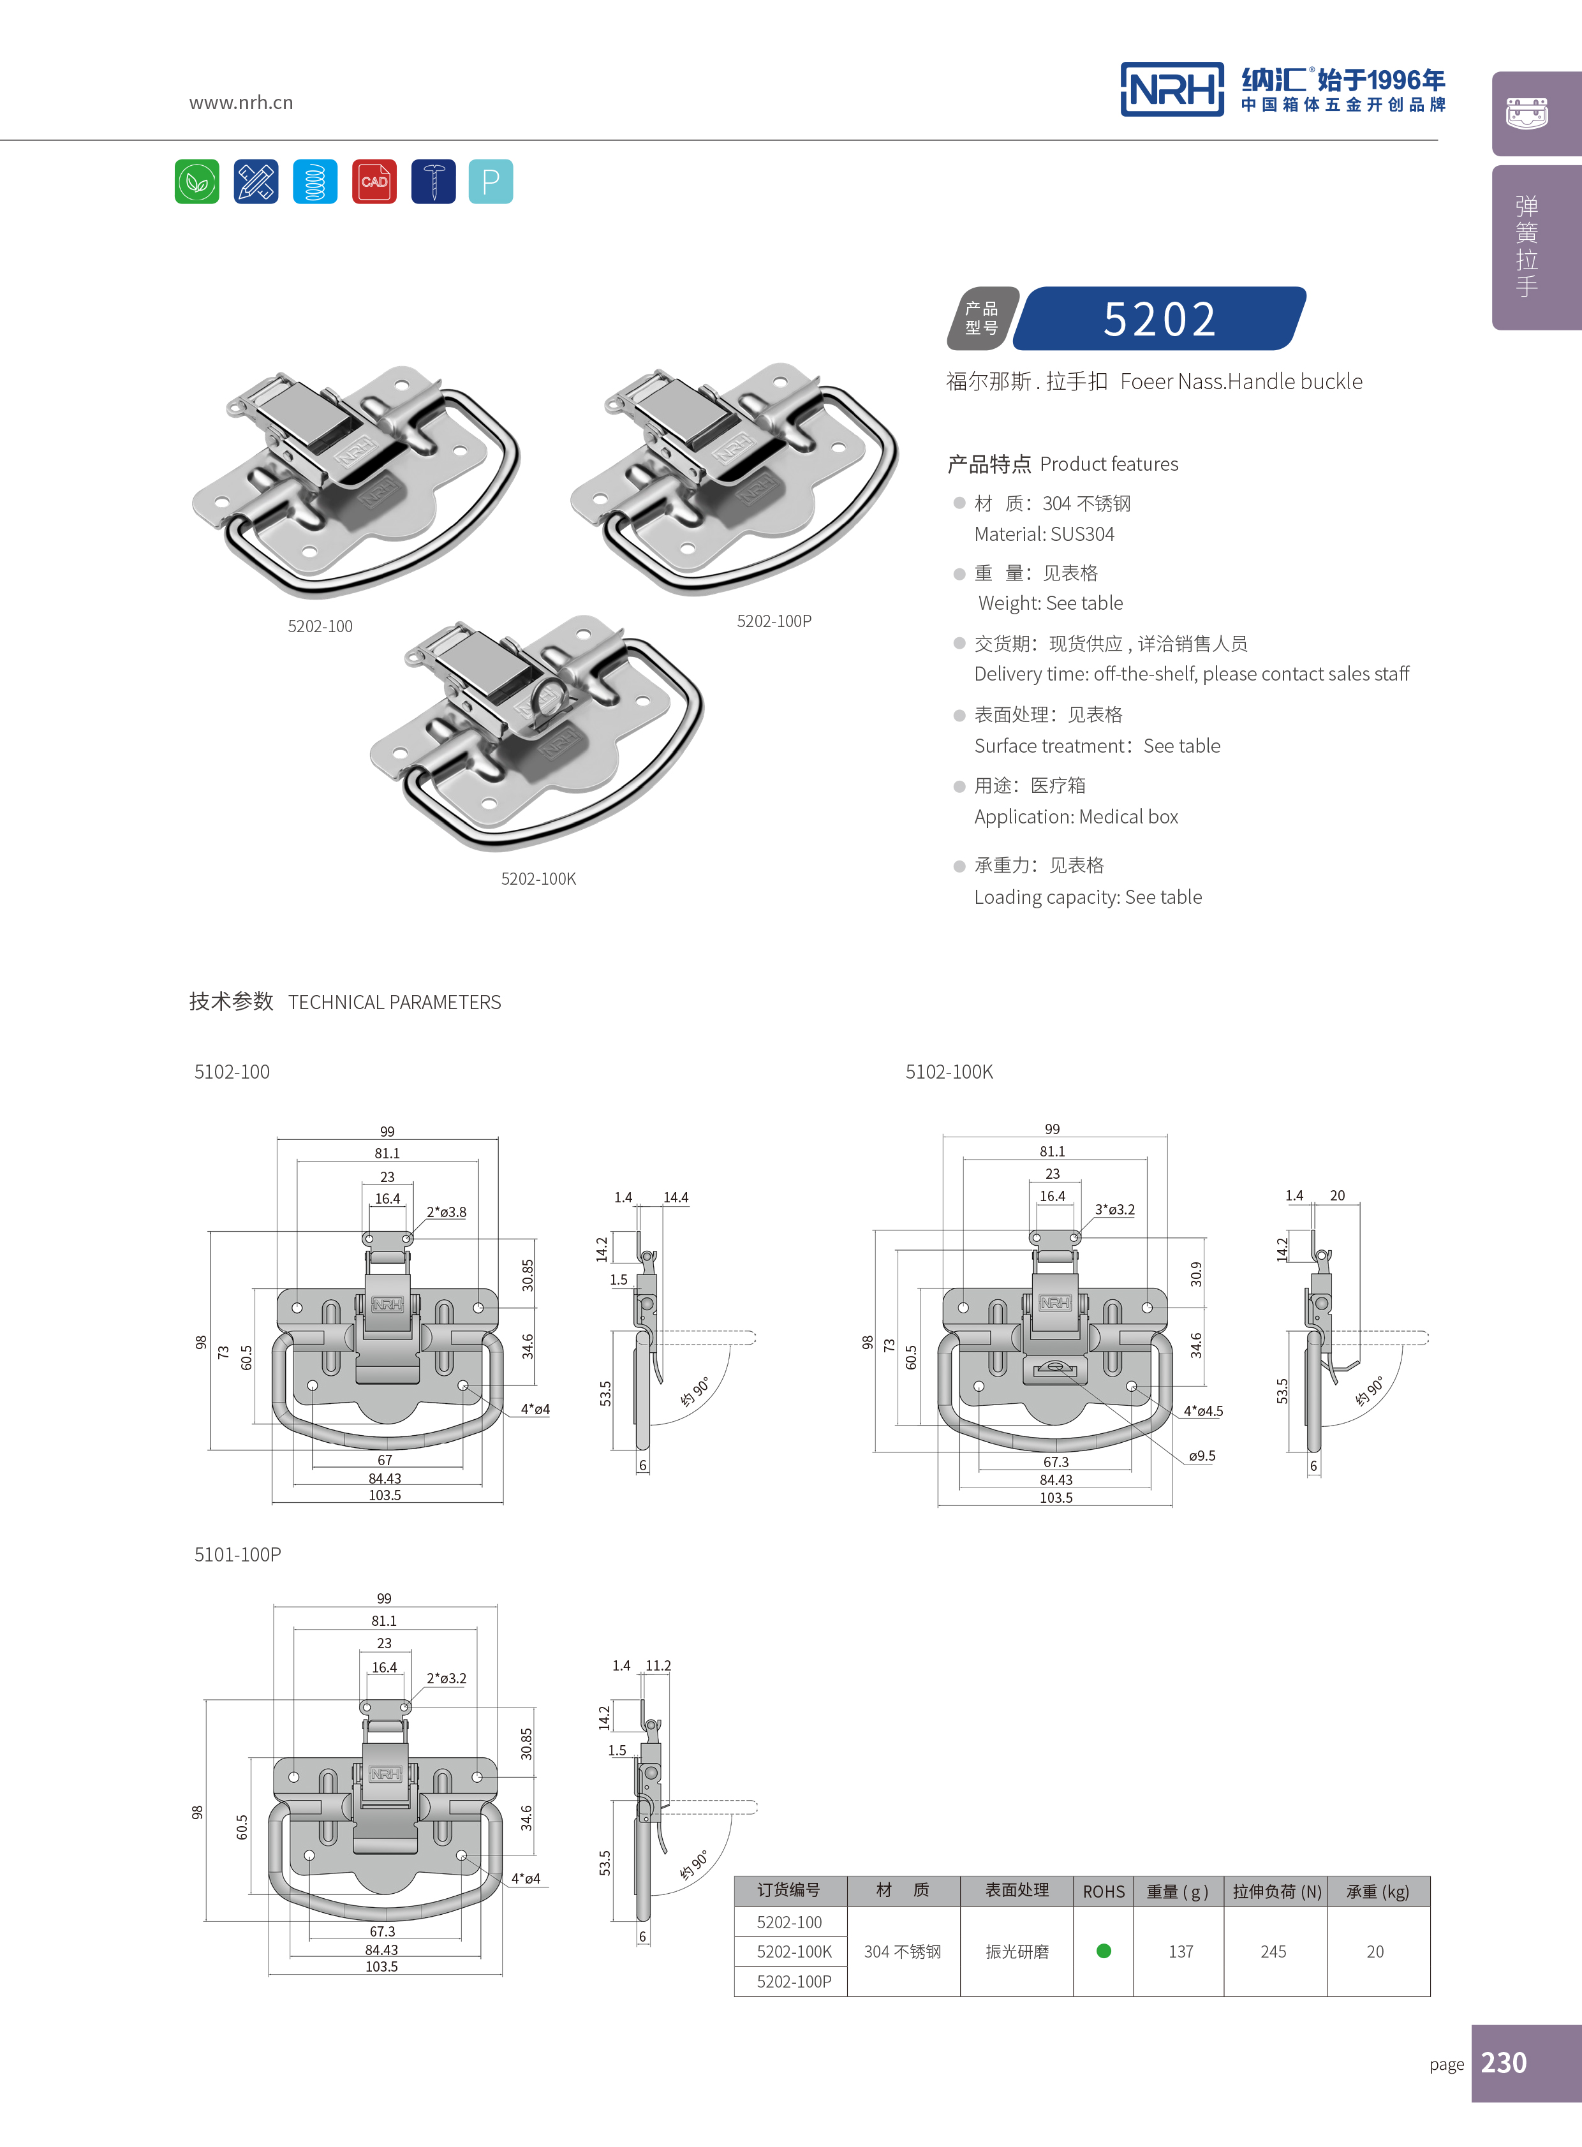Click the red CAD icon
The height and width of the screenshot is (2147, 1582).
[x=373, y=181]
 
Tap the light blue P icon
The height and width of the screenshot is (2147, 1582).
[x=491, y=181]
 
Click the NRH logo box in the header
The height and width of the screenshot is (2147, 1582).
[x=1171, y=90]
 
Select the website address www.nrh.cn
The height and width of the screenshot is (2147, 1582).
[x=240, y=103]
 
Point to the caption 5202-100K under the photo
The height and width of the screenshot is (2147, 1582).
[x=538, y=879]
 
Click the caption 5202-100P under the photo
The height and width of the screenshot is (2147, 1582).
[x=774, y=621]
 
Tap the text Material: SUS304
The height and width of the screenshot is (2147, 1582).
[x=1044, y=535]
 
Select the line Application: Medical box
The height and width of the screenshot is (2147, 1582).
[x=1076, y=817]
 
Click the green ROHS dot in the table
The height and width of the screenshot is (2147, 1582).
[x=1103, y=1951]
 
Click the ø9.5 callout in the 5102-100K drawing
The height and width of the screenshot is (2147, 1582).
[x=1201, y=1456]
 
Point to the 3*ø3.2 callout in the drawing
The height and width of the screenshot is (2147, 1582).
[x=1114, y=1209]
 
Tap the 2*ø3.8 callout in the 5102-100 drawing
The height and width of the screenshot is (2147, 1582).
[x=447, y=1211]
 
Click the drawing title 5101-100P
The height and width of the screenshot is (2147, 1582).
[x=237, y=1555]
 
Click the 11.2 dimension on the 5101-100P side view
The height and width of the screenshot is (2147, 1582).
[x=658, y=1665]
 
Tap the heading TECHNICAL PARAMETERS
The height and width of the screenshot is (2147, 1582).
[x=394, y=1003]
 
